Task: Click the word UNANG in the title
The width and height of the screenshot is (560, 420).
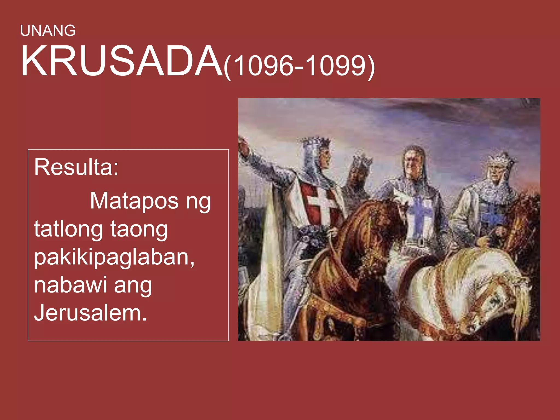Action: [x=48, y=31]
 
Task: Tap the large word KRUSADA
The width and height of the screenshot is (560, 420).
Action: [x=122, y=62]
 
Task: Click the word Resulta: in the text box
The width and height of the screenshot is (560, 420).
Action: [x=76, y=167]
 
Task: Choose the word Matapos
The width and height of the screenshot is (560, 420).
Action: [x=134, y=201]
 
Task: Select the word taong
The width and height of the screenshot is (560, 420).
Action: [x=139, y=230]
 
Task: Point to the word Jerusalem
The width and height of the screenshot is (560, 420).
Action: [x=90, y=313]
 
